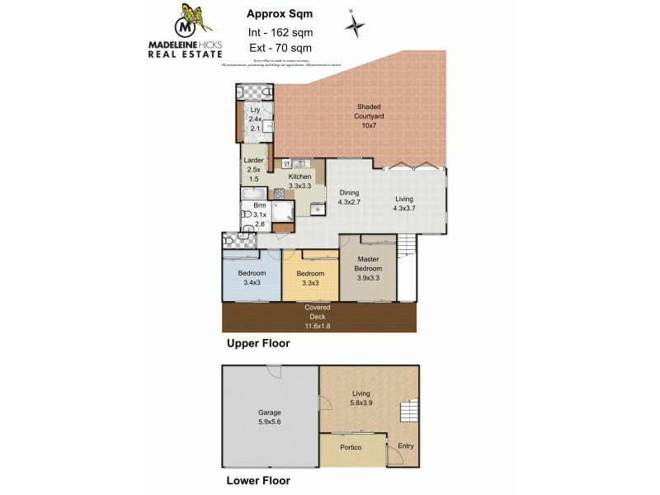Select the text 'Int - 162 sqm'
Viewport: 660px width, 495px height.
pos(280,32)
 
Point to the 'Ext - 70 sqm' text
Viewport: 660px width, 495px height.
pos(280,49)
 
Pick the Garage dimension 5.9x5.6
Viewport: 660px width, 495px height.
pos(270,422)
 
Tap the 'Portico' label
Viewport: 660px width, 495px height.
pos(352,447)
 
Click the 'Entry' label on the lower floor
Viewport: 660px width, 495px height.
pos(406,447)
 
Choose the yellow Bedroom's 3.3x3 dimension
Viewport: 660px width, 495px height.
pos(310,283)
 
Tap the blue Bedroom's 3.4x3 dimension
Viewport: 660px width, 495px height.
pos(252,283)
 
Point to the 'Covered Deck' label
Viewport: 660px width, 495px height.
pos(318,312)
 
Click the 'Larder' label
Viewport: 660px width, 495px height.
pos(252,161)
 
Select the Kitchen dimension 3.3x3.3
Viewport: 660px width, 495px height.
pos(299,186)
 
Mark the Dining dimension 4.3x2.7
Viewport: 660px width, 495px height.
pos(354,202)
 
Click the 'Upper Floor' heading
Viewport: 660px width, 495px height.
pos(258,342)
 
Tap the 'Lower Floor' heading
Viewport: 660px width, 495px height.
pos(258,479)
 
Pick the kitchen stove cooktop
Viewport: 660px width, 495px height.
pos(279,194)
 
